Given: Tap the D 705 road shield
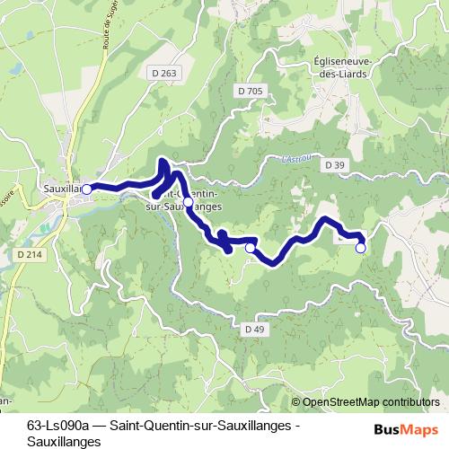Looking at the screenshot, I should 252,92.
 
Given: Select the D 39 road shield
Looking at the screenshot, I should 335,165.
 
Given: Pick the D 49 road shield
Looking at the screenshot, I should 255,330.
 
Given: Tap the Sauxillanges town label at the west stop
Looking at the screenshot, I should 61,189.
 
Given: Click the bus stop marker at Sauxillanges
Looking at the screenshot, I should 86,189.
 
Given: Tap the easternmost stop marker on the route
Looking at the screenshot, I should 361,248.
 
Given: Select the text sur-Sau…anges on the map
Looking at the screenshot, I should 180,206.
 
